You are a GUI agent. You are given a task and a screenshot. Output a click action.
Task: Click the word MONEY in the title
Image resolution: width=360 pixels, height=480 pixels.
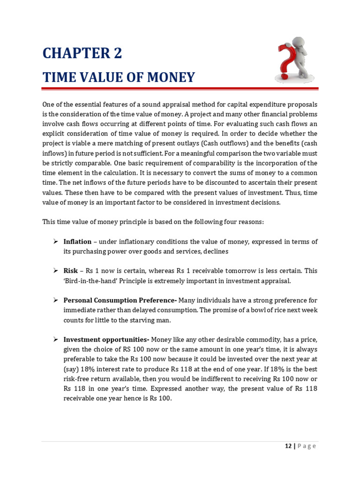click(x=171, y=77)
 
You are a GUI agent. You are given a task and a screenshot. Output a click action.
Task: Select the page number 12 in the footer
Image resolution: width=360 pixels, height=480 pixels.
click(x=288, y=446)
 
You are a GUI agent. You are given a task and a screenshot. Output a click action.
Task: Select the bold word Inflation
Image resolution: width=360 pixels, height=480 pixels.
click(x=77, y=241)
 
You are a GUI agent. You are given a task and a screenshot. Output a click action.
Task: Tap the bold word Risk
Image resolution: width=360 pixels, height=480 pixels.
click(x=70, y=271)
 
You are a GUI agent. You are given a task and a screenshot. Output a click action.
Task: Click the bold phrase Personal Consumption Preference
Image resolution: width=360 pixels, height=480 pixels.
click(x=120, y=300)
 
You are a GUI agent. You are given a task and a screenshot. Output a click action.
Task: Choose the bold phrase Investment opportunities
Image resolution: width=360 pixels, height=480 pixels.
click(x=106, y=339)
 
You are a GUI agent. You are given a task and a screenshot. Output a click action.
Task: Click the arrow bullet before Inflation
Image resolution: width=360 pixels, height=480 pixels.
click(x=55, y=241)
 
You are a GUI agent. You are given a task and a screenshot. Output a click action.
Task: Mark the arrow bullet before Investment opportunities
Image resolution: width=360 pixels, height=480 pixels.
click(x=55, y=339)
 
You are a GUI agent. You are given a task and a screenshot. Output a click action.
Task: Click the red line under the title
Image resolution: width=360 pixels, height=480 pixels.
click(x=180, y=88)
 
